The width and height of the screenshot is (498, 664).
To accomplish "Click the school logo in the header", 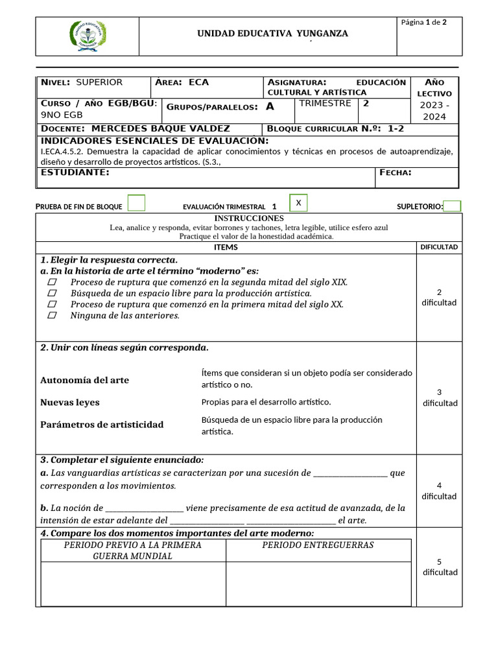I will tap(87, 36).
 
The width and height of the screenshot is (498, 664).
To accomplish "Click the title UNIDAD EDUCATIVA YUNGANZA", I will tap(272, 33).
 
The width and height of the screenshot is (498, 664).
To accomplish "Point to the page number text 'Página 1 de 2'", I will tap(423, 22).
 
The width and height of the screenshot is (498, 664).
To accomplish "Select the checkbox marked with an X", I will tap(298, 203).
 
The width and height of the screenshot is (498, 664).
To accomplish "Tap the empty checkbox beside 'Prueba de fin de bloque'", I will tap(136, 203).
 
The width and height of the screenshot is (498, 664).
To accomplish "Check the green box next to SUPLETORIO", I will tap(452, 206).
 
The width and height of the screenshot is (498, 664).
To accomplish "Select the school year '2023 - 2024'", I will tap(434, 110).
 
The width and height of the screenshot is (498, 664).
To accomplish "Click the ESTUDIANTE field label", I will tap(75, 172).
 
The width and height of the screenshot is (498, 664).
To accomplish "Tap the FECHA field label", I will tap(395, 172).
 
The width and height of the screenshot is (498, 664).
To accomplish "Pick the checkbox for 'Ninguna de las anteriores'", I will tap(53, 315).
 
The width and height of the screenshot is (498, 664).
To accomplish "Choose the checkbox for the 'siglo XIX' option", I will tap(53, 282).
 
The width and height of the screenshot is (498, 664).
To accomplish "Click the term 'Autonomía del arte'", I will tap(84, 380).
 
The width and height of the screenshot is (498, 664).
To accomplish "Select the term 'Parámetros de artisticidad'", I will tap(102, 425).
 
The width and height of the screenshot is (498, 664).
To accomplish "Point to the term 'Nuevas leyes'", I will tap(70, 403).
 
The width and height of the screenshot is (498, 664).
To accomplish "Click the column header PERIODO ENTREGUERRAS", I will tap(318, 545).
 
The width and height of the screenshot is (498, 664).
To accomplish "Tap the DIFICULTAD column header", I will tap(439, 247).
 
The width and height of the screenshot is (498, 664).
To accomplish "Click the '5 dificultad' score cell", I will tap(439, 567).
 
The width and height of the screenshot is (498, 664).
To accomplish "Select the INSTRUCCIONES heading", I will tap(249, 219).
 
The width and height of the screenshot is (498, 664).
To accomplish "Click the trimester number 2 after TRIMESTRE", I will tap(366, 103).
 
